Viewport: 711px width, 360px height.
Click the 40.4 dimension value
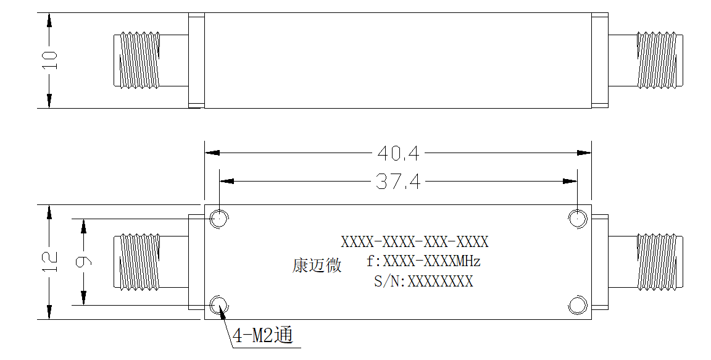click(399, 154)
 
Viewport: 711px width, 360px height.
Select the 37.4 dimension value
click(399, 182)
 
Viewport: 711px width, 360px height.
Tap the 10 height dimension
click(49, 61)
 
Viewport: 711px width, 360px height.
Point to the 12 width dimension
click(49, 262)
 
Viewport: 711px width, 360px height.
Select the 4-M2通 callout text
click(263, 336)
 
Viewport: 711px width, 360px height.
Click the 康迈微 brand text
click(317, 266)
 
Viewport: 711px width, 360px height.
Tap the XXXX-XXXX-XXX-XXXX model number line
click(415, 241)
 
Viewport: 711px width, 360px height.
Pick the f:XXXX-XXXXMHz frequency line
click(423, 262)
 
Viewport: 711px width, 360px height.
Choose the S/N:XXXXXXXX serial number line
click(423, 282)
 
